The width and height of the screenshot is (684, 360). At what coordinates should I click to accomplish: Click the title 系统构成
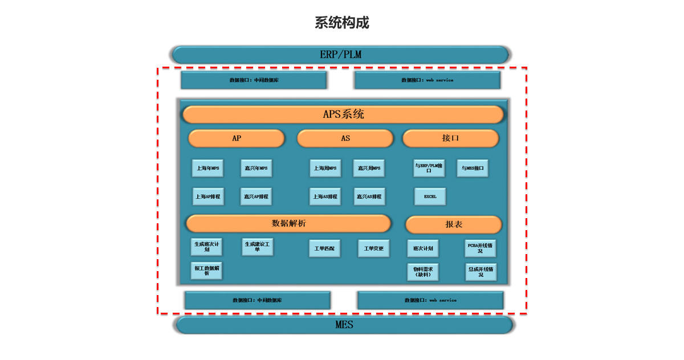(342, 23)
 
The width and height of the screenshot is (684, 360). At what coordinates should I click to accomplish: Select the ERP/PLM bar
(340, 55)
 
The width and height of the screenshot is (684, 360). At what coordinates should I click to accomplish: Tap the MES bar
(344, 325)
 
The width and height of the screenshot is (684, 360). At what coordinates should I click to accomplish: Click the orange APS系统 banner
(343, 114)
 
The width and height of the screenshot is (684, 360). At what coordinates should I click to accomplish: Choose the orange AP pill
(237, 138)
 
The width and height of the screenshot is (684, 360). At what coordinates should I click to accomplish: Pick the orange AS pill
(345, 138)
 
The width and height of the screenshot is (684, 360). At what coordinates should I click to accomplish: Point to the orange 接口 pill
(450, 138)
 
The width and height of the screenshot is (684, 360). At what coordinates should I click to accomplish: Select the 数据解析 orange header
(288, 223)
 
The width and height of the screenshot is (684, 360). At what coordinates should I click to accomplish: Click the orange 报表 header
(454, 224)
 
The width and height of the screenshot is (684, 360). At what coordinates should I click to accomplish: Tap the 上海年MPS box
(207, 168)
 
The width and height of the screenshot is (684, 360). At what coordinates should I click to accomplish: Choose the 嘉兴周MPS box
(369, 168)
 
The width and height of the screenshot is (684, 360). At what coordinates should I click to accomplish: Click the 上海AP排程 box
(207, 197)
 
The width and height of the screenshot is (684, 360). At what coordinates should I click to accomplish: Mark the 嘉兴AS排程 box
(369, 197)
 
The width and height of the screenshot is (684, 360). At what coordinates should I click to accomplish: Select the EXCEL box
(430, 197)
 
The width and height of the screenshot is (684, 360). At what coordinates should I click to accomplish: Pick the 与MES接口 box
(473, 168)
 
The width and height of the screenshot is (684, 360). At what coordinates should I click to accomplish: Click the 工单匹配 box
(325, 248)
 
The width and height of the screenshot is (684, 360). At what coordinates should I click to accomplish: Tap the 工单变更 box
(374, 248)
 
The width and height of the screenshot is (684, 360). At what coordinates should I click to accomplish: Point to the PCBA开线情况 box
(481, 248)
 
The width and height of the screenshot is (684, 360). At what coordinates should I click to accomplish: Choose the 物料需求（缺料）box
(423, 272)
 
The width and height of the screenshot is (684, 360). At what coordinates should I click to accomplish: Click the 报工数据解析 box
(206, 271)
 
